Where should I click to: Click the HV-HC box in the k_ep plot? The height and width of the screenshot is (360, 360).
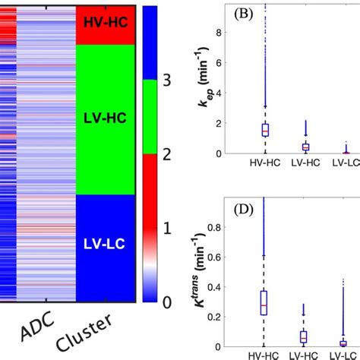pyautogui.click(x=265, y=130)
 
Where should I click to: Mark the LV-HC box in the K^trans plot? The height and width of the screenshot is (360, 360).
pyautogui.click(x=304, y=336)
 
